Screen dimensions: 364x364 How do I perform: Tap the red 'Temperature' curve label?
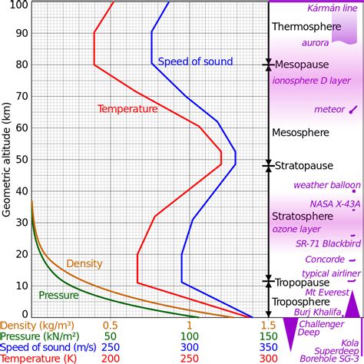click(127, 109)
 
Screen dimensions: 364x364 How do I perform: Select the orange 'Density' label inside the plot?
click(84, 263)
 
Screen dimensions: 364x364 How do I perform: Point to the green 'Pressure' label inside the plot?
click(58, 295)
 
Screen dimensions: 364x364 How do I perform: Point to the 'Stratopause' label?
click(304, 165)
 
